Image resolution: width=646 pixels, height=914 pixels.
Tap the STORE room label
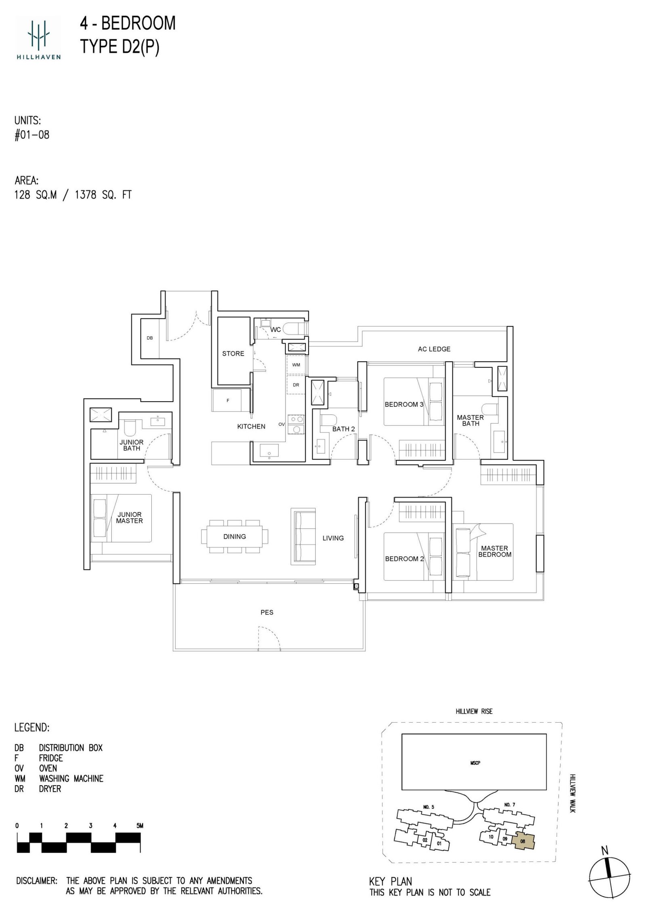click(x=233, y=354)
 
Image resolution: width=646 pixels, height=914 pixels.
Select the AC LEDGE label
click(x=434, y=349)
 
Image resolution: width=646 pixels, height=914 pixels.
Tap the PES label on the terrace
click(x=267, y=612)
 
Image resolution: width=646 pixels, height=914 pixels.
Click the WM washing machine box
click(x=296, y=365)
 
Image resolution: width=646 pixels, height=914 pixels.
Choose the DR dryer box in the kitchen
click(x=296, y=385)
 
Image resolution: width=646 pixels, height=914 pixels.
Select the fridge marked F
click(x=227, y=400)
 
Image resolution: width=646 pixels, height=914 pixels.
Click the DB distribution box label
click(x=150, y=338)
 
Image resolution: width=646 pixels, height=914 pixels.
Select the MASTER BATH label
click(x=470, y=420)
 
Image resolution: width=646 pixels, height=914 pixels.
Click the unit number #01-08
click(x=32, y=135)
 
